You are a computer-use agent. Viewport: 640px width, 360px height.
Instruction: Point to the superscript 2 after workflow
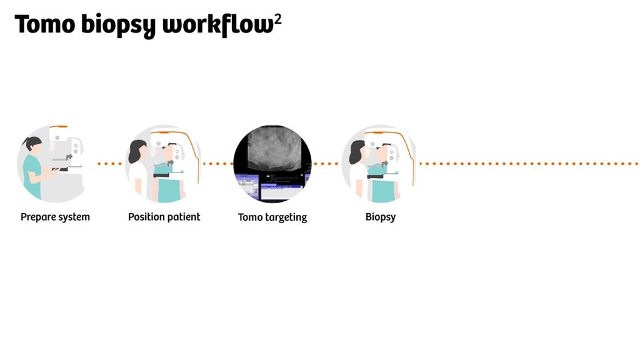click(x=278, y=19)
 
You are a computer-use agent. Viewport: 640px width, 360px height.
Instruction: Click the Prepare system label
click(x=55, y=217)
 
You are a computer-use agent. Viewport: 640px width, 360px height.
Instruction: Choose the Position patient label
click(x=164, y=217)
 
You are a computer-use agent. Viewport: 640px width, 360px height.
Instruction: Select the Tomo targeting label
click(x=272, y=217)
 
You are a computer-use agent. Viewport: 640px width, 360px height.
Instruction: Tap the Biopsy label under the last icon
click(x=381, y=217)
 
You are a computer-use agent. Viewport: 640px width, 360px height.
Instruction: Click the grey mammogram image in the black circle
click(x=274, y=147)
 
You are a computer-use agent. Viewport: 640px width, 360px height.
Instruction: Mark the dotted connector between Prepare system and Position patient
click(x=110, y=164)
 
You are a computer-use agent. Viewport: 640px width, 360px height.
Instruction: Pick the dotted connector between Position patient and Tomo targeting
click(x=218, y=164)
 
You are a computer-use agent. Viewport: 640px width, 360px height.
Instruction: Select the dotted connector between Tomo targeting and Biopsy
click(x=326, y=164)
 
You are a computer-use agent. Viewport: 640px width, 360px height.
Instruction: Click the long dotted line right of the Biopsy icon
click(x=528, y=164)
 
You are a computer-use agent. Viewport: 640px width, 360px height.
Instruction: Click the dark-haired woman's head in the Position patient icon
click(x=137, y=151)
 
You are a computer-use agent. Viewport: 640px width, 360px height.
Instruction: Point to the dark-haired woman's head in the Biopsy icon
click(x=357, y=151)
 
